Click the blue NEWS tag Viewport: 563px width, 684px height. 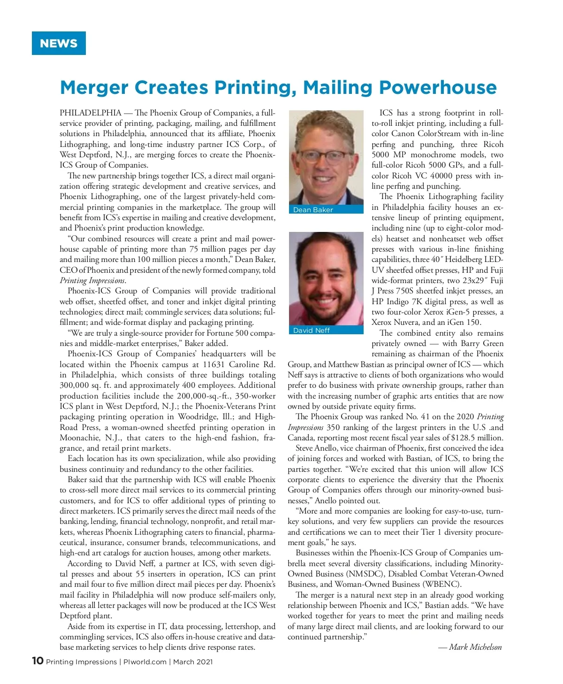coord(59,43)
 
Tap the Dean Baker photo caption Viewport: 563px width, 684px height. coord(313,210)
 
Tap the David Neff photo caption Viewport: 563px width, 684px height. coord(312,330)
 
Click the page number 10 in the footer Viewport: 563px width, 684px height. coord(38,661)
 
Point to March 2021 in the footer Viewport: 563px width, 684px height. coord(193,662)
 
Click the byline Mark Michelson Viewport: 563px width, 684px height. coord(475,647)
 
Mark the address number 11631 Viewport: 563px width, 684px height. coord(216,364)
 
